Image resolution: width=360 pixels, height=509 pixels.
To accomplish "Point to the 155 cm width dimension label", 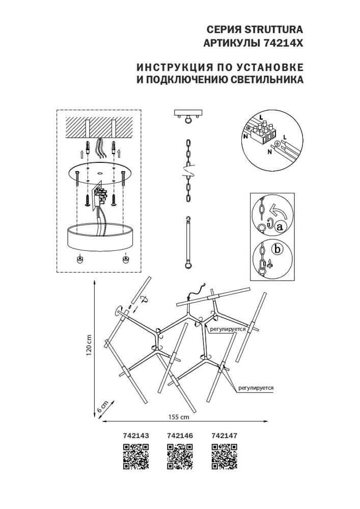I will pyautogui.click(x=178, y=417).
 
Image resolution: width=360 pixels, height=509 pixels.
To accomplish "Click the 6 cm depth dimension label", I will pyautogui.click(x=102, y=407).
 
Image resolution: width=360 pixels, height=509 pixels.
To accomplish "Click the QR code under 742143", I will pyautogui.click(x=136, y=456).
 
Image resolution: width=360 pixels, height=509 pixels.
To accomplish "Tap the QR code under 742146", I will pyautogui.click(x=180, y=456).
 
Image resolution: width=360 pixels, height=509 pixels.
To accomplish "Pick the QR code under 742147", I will pyautogui.click(x=224, y=456).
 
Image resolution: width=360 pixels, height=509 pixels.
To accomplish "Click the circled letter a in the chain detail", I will pyautogui.click(x=279, y=228).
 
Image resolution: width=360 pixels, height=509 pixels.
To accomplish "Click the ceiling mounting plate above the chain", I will pyautogui.click(x=188, y=113).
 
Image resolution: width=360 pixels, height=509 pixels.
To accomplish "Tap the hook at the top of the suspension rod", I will pyautogui.click(x=188, y=219).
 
